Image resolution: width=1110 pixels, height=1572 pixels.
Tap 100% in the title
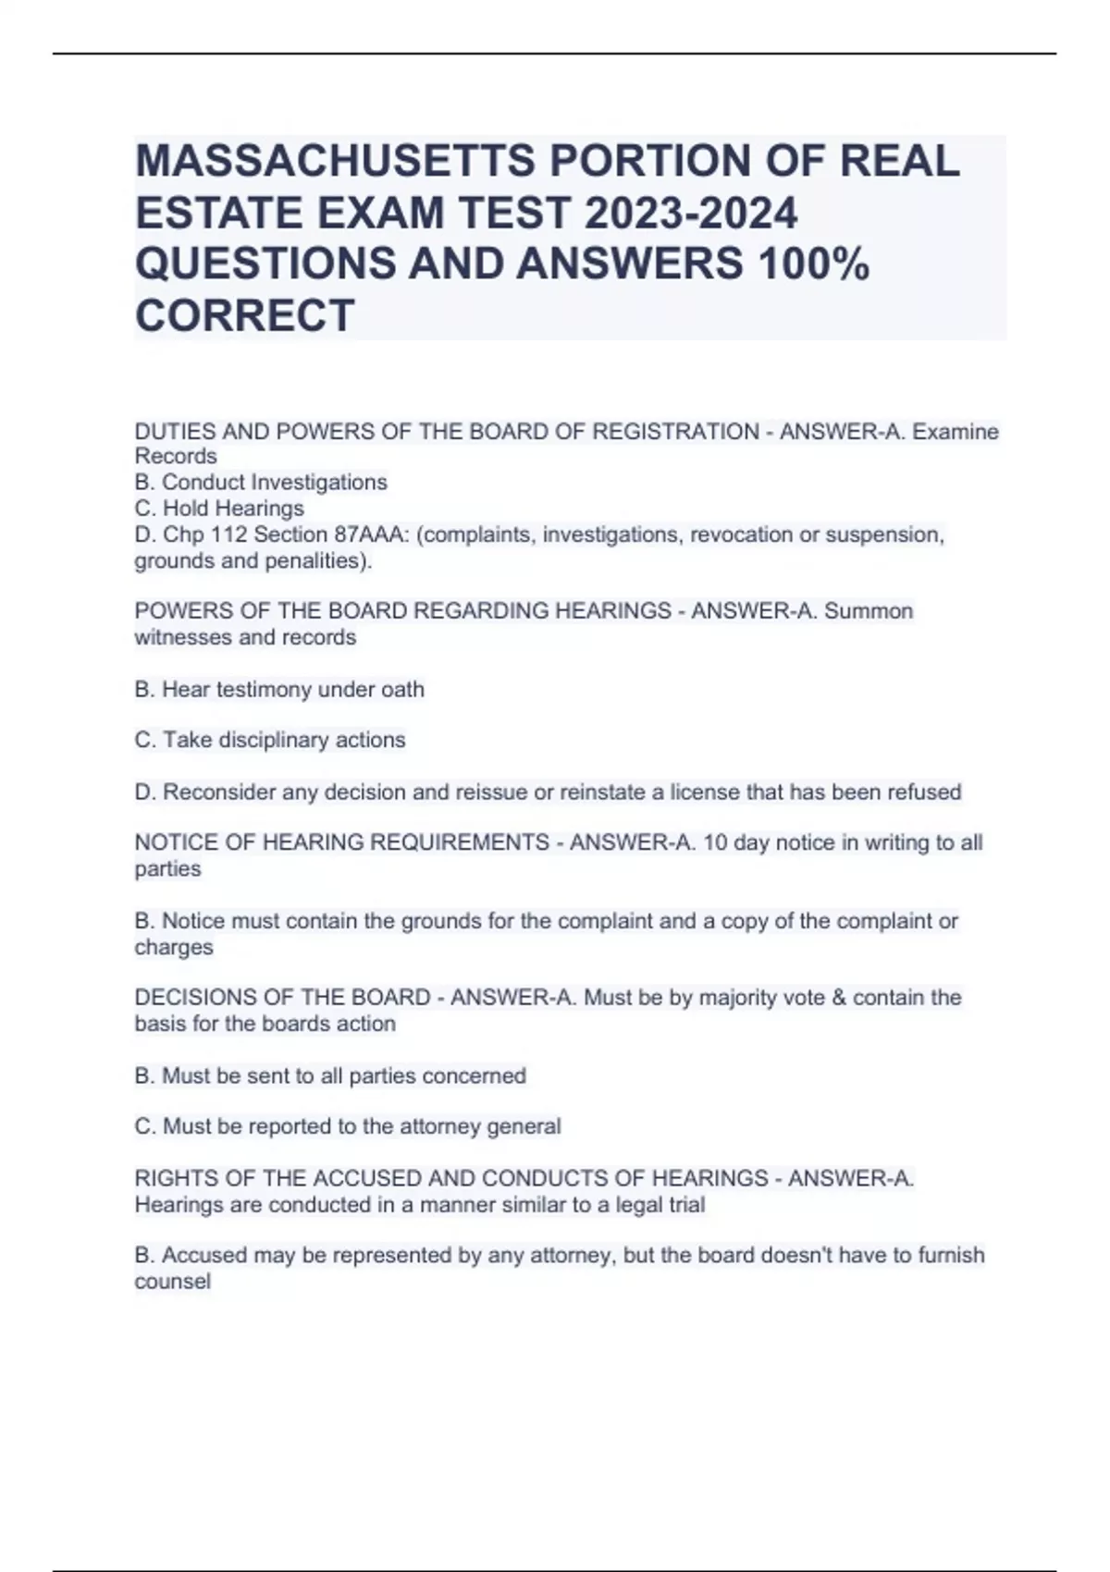[x=813, y=264]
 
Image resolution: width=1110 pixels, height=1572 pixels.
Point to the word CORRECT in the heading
[x=245, y=315]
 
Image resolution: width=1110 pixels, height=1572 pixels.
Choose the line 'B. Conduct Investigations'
[x=261, y=483]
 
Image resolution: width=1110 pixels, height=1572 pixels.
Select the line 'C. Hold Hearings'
[x=219, y=509]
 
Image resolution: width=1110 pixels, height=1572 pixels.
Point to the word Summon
[x=869, y=611]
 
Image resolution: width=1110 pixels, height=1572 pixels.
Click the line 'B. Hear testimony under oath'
[x=279, y=689]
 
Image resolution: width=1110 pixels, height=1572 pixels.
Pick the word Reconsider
[x=219, y=792]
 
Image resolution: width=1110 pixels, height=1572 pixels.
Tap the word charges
[x=174, y=947]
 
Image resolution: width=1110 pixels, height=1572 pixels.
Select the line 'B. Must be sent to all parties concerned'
[x=330, y=1075]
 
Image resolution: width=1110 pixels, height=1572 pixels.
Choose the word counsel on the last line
[x=173, y=1282]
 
